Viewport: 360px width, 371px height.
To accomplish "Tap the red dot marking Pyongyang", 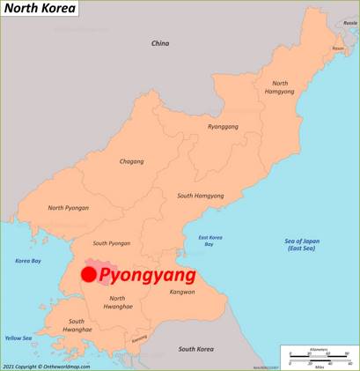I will point(88,274).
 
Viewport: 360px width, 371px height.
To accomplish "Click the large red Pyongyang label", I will point(147,275).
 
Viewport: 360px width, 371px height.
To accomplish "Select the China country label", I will point(159,43).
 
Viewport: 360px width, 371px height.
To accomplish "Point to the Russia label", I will point(349,24).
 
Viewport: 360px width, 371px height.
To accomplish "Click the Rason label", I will point(337,48).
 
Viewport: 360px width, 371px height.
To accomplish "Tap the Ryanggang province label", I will point(223,127).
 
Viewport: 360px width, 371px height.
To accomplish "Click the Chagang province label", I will point(132,161).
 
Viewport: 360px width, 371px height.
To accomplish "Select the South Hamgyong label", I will point(201,196).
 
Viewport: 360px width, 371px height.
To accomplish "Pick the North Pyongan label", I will point(68,208).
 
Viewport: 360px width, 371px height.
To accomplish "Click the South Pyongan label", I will point(112,243).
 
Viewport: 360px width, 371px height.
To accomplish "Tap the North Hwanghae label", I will point(118,302).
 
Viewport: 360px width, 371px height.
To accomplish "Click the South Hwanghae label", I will point(77,325).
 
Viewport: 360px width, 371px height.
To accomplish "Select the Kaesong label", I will point(139,339).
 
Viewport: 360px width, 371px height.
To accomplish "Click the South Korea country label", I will point(196,349).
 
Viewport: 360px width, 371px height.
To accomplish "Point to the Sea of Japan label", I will point(302,245).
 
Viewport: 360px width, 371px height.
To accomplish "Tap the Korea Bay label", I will point(28,261).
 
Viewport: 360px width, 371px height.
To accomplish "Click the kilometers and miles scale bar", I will point(319,357).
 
